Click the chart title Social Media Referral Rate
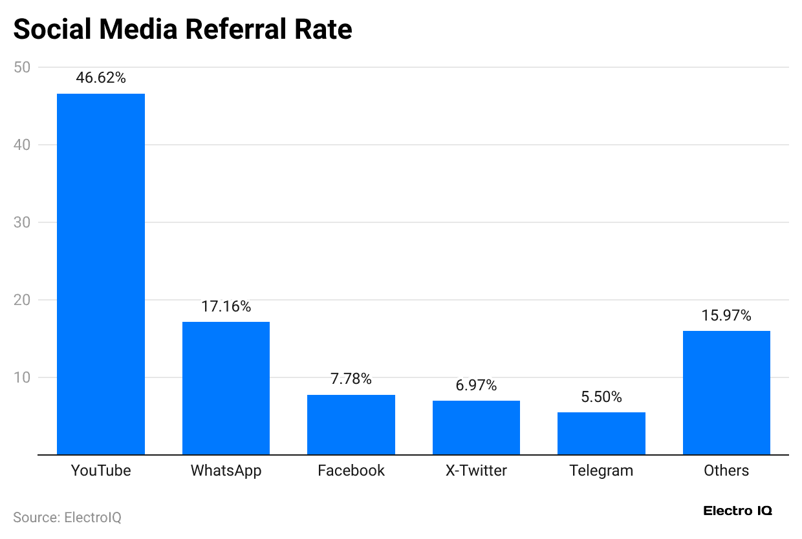point(182,30)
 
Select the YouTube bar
point(101,274)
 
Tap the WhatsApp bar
point(226,388)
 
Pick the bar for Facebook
point(351,425)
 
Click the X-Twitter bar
point(476,427)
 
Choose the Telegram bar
point(601,433)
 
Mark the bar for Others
point(726,392)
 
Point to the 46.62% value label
point(101,78)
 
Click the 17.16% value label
point(226,306)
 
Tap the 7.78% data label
point(351,379)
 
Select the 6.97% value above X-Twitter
point(476,386)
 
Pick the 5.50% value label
point(601,397)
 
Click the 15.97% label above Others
point(726,315)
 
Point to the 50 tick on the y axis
point(21,67)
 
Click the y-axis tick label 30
point(21,222)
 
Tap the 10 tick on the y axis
point(21,377)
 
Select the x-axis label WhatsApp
point(226,470)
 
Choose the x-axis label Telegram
point(601,470)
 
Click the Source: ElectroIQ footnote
point(67,518)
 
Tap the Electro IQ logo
point(737,511)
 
